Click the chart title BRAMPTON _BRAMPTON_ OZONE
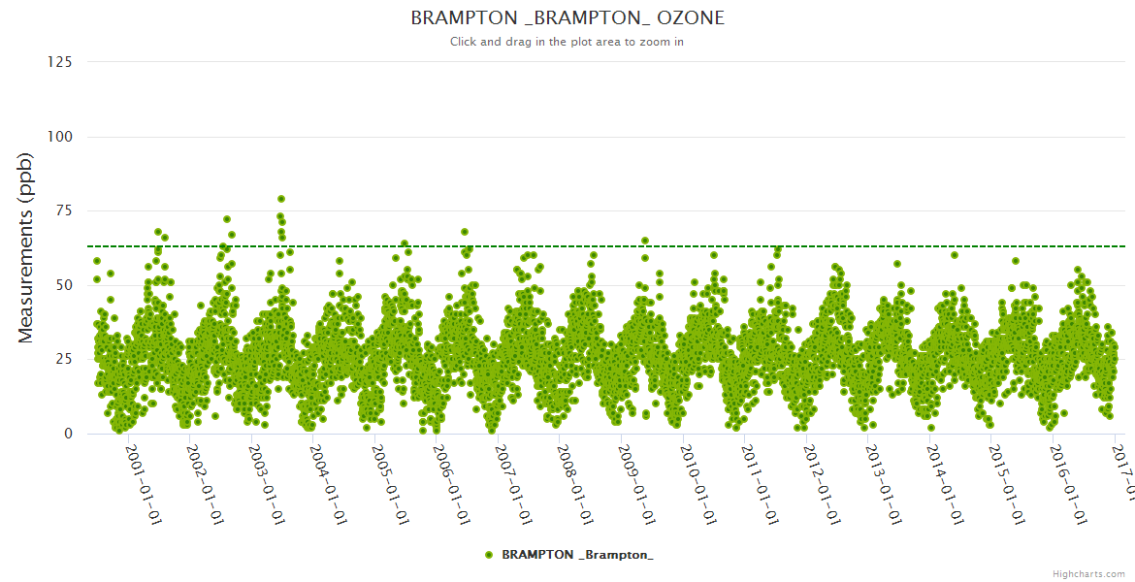tap(567, 18)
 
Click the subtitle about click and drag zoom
tap(567, 42)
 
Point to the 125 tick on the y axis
tap(60, 62)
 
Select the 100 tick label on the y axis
tap(60, 137)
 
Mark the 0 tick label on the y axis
tap(68, 434)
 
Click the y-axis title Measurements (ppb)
tap(26, 247)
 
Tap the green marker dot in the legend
tap(489, 554)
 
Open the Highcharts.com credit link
tap(1088, 573)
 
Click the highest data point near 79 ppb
tap(281, 199)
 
